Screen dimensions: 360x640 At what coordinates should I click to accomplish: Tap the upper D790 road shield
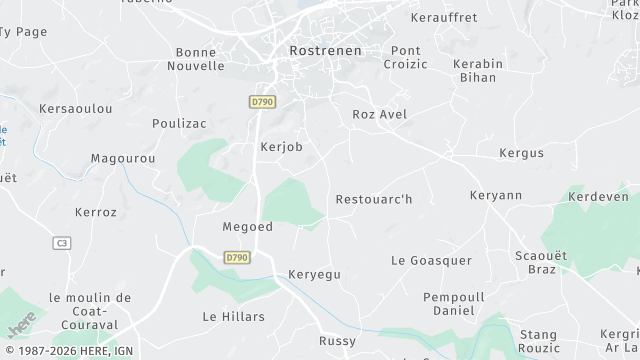click(261, 101)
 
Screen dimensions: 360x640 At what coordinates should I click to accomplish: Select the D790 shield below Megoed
click(236, 257)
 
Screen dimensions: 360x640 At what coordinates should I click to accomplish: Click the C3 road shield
click(62, 243)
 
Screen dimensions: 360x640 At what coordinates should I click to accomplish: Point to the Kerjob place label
click(280, 147)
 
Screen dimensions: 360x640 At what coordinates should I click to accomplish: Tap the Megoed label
click(247, 227)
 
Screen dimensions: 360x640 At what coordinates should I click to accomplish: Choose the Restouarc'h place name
click(374, 199)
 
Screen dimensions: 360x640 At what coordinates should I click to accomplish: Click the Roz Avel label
click(380, 115)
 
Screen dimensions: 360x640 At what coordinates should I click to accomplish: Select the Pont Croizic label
click(405, 57)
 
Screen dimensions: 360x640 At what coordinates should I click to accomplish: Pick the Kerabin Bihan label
click(477, 70)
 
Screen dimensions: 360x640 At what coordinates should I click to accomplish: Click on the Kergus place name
click(521, 153)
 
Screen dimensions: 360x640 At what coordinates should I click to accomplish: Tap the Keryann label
click(496, 195)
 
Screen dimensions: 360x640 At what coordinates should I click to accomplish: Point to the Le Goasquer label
click(431, 261)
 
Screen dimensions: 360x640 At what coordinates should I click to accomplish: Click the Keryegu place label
click(314, 273)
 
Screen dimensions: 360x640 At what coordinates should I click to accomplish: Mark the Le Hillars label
click(233, 316)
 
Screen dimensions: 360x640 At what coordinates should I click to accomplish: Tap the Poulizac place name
click(179, 123)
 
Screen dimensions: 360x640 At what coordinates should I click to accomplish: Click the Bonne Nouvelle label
click(199, 59)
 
